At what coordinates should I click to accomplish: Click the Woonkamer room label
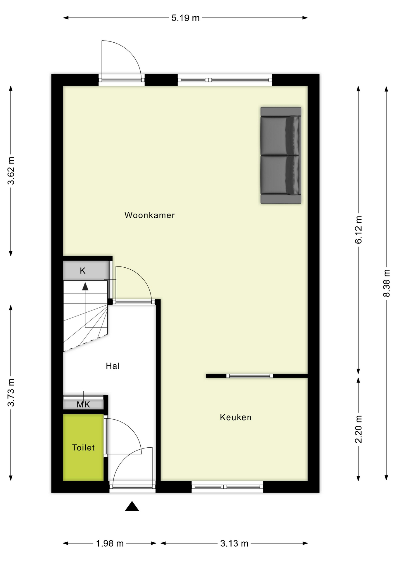click(x=149, y=215)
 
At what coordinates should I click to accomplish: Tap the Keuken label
click(x=236, y=417)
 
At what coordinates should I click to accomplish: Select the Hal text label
click(x=113, y=366)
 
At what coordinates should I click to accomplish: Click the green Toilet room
click(x=83, y=447)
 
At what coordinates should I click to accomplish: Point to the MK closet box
click(x=83, y=404)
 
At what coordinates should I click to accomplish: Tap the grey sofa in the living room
click(x=281, y=155)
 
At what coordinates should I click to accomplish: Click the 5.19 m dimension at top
click(x=185, y=18)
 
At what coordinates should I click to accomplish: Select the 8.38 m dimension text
click(x=386, y=283)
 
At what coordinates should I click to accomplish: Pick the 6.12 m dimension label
click(x=358, y=230)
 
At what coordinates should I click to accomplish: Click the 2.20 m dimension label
click(x=358, y=429)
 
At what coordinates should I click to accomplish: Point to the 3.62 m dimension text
click(x=11, y=171)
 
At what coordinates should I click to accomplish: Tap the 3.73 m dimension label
click(x=11, y=392)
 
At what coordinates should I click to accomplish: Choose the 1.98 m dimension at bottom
click(x=110, y=543)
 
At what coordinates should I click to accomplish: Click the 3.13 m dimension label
click(x=234, y=543)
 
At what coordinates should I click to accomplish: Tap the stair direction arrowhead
click(x=85, y=286)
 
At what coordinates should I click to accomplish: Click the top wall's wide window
click(x=225, y=80)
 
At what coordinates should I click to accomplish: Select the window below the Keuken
click(x=227, y=487)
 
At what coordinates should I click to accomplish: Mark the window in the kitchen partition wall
click(x=249, y=376)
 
